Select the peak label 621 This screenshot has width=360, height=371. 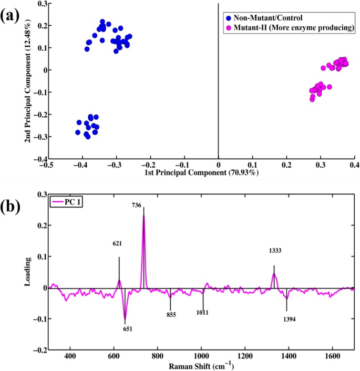(x=117, y=244)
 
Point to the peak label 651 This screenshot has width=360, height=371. (x=128, y=329)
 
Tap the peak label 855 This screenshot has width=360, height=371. (x=171, y=315)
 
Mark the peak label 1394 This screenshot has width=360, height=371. (x=290, y=319)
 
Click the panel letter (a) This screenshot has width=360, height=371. (x=12, y=15)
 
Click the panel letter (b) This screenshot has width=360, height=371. (x=12, y=207)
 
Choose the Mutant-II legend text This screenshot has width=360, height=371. (x=293, y=27)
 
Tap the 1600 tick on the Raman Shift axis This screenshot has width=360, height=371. (x=332, y=355)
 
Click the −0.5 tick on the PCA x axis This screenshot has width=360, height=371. (x=47, y=164)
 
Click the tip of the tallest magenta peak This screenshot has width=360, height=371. (x=143, y=215)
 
